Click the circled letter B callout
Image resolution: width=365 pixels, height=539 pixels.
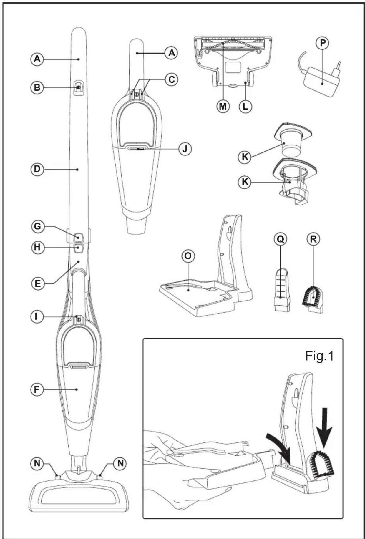point(37,87)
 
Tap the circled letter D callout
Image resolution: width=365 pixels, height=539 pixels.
point(37,169)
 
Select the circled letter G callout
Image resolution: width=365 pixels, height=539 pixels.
point(37,226)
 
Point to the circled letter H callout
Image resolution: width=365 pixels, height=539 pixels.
point(37,247)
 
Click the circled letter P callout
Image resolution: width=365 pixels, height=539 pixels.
point(323,43)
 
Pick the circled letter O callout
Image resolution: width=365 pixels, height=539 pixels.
point(188,256)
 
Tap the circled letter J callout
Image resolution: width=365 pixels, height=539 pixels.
point(185,149)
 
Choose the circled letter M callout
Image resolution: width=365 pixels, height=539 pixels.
point(223,106)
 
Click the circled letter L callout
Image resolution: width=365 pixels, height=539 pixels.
point(245,106)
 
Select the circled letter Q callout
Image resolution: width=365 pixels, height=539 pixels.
point(280,239)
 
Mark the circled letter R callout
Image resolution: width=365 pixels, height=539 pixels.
point(313,239)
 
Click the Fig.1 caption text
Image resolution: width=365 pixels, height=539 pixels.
point(320,356)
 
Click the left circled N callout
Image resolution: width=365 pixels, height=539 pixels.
point(37,463)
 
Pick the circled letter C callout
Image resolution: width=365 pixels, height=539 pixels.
point(171,79)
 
